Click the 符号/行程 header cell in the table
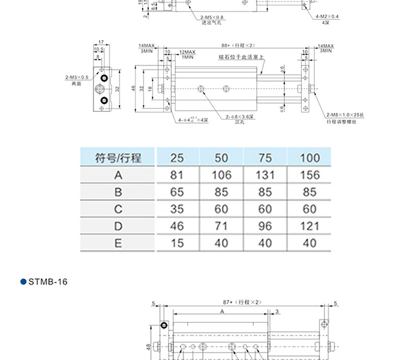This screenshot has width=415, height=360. point(118,158)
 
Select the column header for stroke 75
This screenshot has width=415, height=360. point(265,158)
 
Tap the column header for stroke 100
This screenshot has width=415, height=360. point(309,158)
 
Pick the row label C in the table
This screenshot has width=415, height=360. point(118,209)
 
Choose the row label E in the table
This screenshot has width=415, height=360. point(118,243)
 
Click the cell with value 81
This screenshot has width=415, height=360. point(177,175)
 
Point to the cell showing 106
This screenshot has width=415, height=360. point(221,175)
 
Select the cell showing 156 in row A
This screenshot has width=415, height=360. point(309,175)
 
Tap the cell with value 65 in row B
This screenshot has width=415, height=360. point(177,192)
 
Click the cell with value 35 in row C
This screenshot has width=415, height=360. point(177,209)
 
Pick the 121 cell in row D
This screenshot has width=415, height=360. point(309,226)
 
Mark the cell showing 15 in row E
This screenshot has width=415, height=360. point(177,243)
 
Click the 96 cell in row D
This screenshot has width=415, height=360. point(265,226)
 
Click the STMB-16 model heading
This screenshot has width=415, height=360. point(48,282)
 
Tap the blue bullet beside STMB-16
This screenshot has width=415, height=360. point(23,282)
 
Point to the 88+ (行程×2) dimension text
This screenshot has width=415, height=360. point(237,45)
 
